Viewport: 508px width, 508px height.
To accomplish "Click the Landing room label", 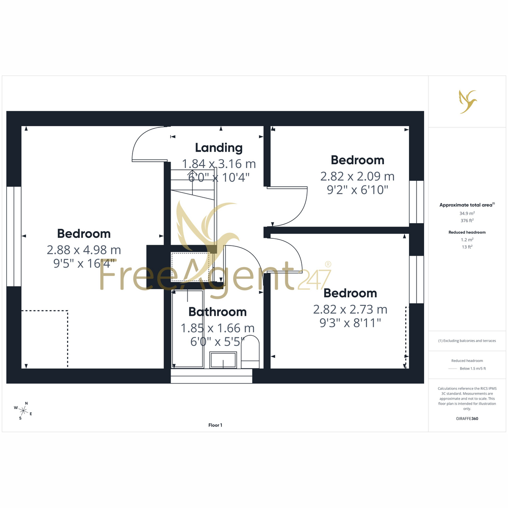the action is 218,148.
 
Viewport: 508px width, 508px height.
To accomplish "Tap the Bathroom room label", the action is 218,312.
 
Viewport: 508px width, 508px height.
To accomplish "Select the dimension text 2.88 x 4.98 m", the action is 84,250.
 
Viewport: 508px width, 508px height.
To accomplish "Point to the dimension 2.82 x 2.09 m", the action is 357,177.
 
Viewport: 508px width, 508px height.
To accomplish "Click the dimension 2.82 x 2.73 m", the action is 350,309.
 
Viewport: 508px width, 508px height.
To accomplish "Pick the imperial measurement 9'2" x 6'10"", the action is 357,190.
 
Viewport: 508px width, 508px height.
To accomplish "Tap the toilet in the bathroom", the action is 250,352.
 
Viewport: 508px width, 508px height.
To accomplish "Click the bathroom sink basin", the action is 223,359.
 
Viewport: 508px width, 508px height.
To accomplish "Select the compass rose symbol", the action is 23,411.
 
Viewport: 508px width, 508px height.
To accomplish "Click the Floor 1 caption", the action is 215,425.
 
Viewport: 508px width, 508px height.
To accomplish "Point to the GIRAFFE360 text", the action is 467,418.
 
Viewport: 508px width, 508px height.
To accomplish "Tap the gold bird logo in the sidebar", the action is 468,102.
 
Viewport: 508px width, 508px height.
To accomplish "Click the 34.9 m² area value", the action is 467,213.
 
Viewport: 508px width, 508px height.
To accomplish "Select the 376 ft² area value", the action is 467,221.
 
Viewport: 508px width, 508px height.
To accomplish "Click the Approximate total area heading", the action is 467,205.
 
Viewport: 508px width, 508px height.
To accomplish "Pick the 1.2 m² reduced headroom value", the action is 467,240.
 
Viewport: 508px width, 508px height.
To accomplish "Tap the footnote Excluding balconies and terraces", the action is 467,341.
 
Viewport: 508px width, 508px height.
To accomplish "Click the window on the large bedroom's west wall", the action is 14,236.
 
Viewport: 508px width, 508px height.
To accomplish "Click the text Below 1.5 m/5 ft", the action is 473,368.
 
